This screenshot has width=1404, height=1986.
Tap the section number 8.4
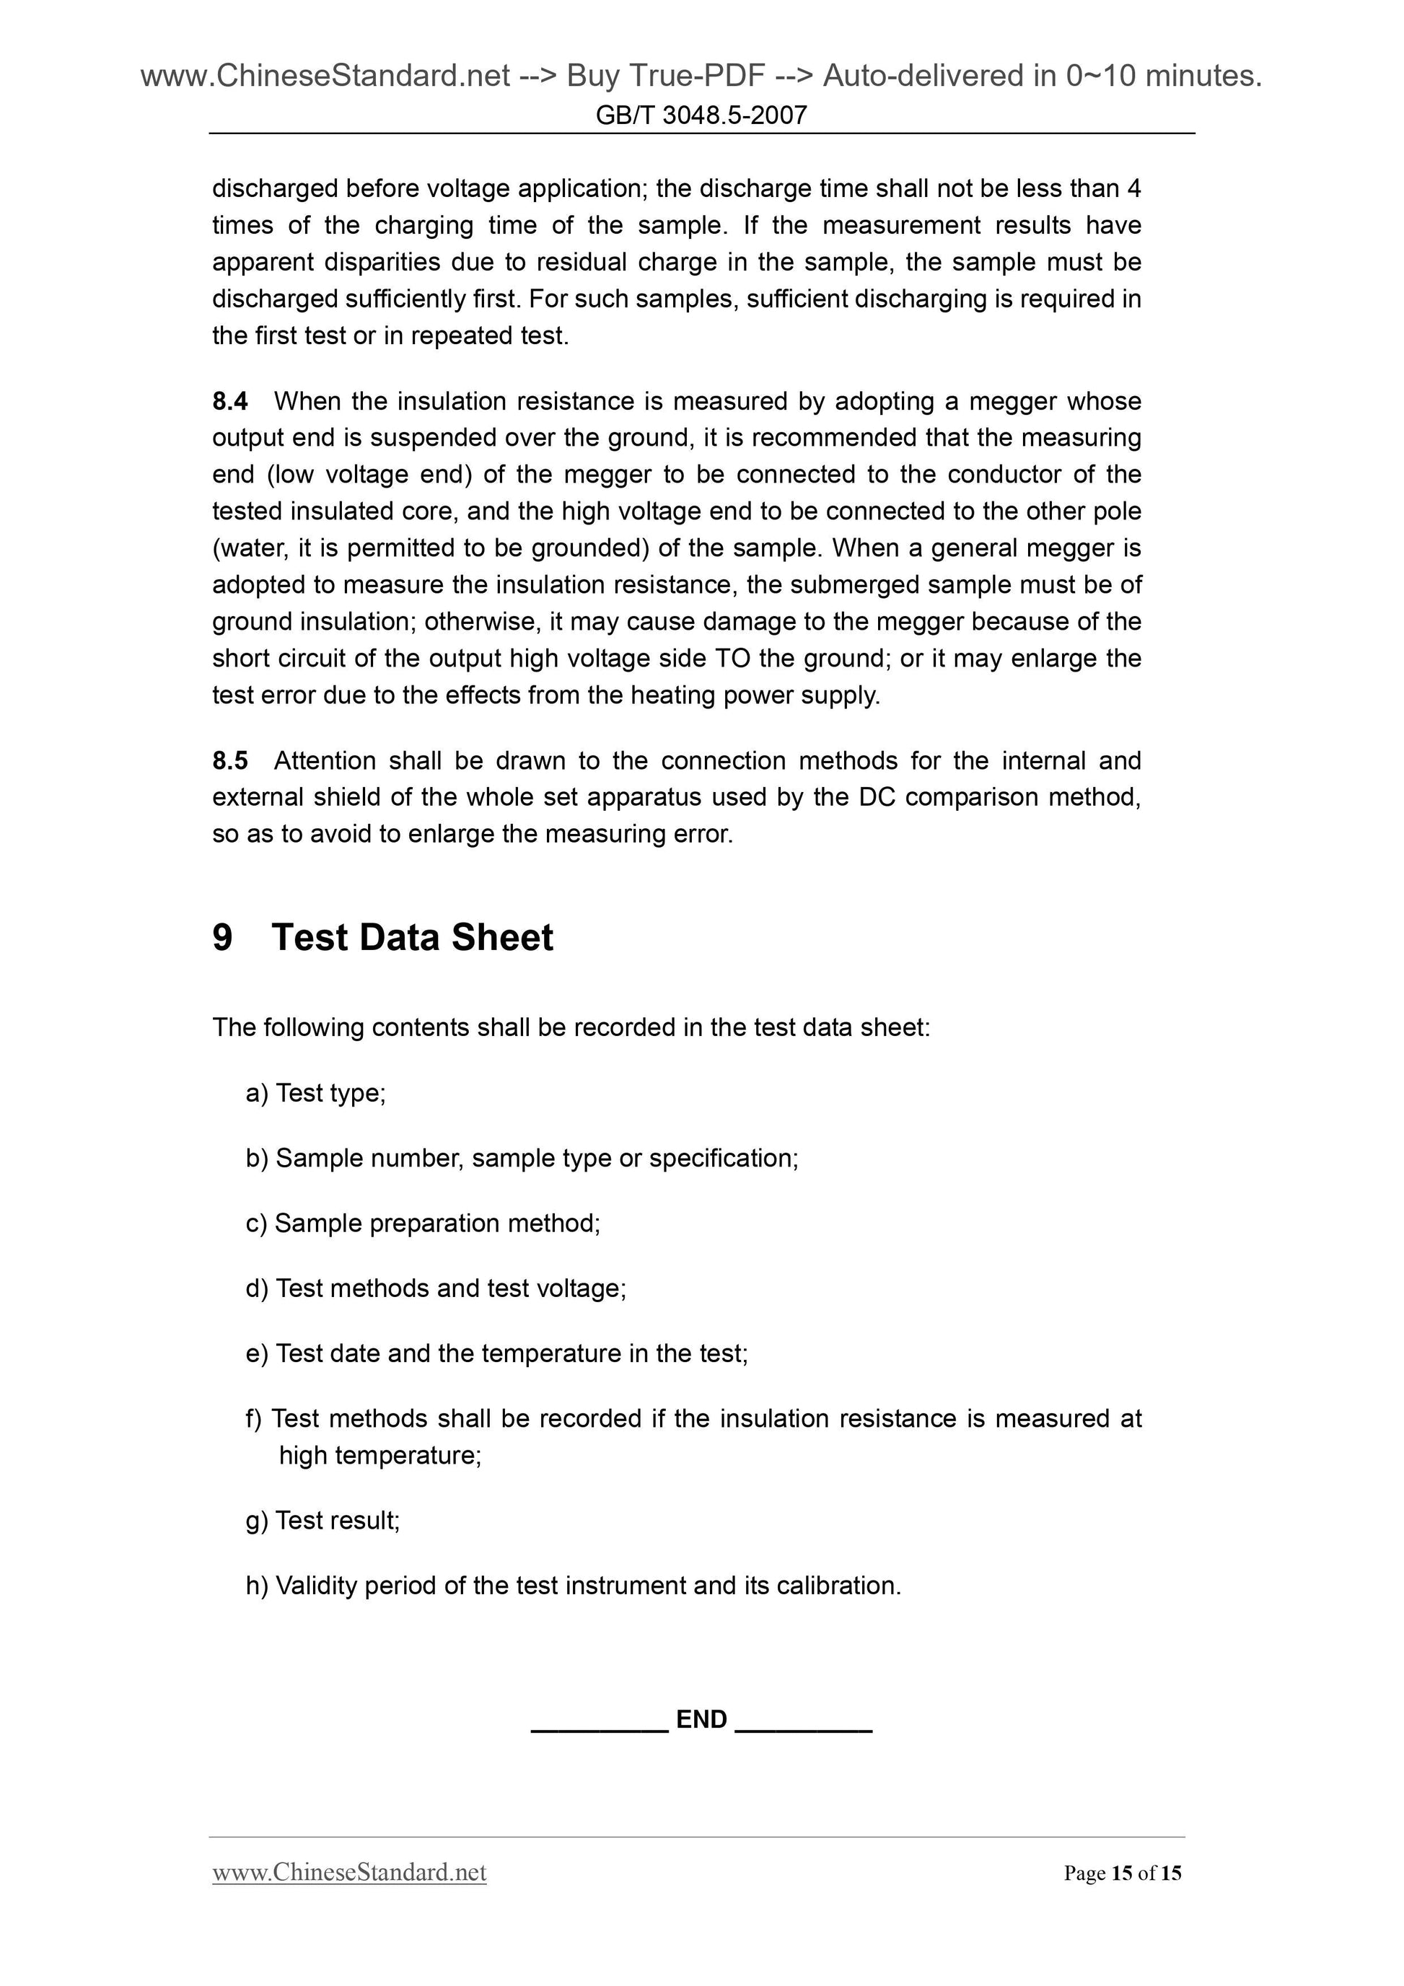coord(229,401)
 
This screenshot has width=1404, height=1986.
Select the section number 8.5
coord(229,760)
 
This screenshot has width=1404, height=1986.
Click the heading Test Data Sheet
coord(412,938)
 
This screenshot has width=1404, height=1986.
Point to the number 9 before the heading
coord(222,938)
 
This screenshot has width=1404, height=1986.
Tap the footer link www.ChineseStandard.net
coord(348,1873)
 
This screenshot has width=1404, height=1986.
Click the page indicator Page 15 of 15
coord(1122,1873)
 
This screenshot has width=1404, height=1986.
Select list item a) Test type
coord(316,1094)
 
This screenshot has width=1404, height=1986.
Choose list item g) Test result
coord(323,1521)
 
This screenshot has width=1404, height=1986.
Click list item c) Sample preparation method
coord(423,1223)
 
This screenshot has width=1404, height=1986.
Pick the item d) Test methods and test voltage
coord(436,1288)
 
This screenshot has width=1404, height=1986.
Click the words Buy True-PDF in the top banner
coord(665,76)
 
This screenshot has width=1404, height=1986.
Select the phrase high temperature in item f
coord(379,1456)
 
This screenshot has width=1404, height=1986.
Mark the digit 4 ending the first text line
coord(1134,188)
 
